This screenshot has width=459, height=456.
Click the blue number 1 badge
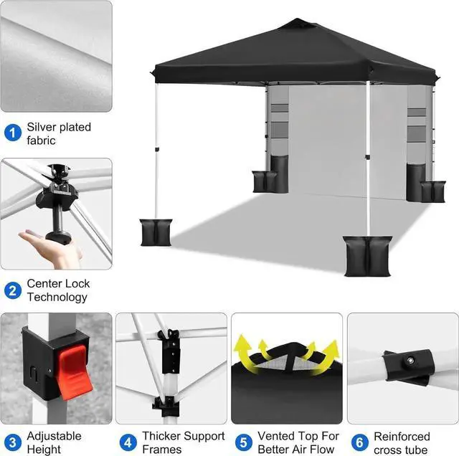pos(12,133)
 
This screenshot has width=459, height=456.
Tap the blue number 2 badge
pos(12,290)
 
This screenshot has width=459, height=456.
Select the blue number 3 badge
pos(12,442)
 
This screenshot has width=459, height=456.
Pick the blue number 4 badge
pos(128,442)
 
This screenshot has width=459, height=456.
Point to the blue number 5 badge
pos(243,442)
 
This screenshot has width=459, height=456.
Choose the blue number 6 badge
pos(360,442)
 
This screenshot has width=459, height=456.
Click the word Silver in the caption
pos(42,128)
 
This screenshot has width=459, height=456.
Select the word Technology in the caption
pos(57,297)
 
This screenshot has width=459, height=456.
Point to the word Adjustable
pos(55,436)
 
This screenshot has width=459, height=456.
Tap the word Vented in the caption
pos(275,436)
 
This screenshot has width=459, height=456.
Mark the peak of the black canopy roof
pos(296,23)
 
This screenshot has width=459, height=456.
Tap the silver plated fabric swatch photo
pos(56,56)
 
